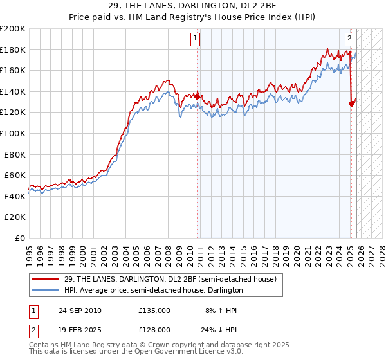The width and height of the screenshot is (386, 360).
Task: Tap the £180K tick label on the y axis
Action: pyautogui.click(x=13, y=50)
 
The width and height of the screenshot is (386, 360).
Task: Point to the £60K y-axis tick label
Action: pyautogui.click(x=15, y=175)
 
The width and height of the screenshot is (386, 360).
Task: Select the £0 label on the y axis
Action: pyautogui.click(x=21, y=238)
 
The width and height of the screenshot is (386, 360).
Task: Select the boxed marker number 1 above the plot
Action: pyautogui.click(x=196, y=38)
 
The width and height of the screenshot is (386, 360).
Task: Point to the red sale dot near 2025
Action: pyautogui.click(x=351, y=104)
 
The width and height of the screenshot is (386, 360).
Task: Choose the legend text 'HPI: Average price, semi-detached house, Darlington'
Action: pyautogui.click(x=153, y=291)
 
